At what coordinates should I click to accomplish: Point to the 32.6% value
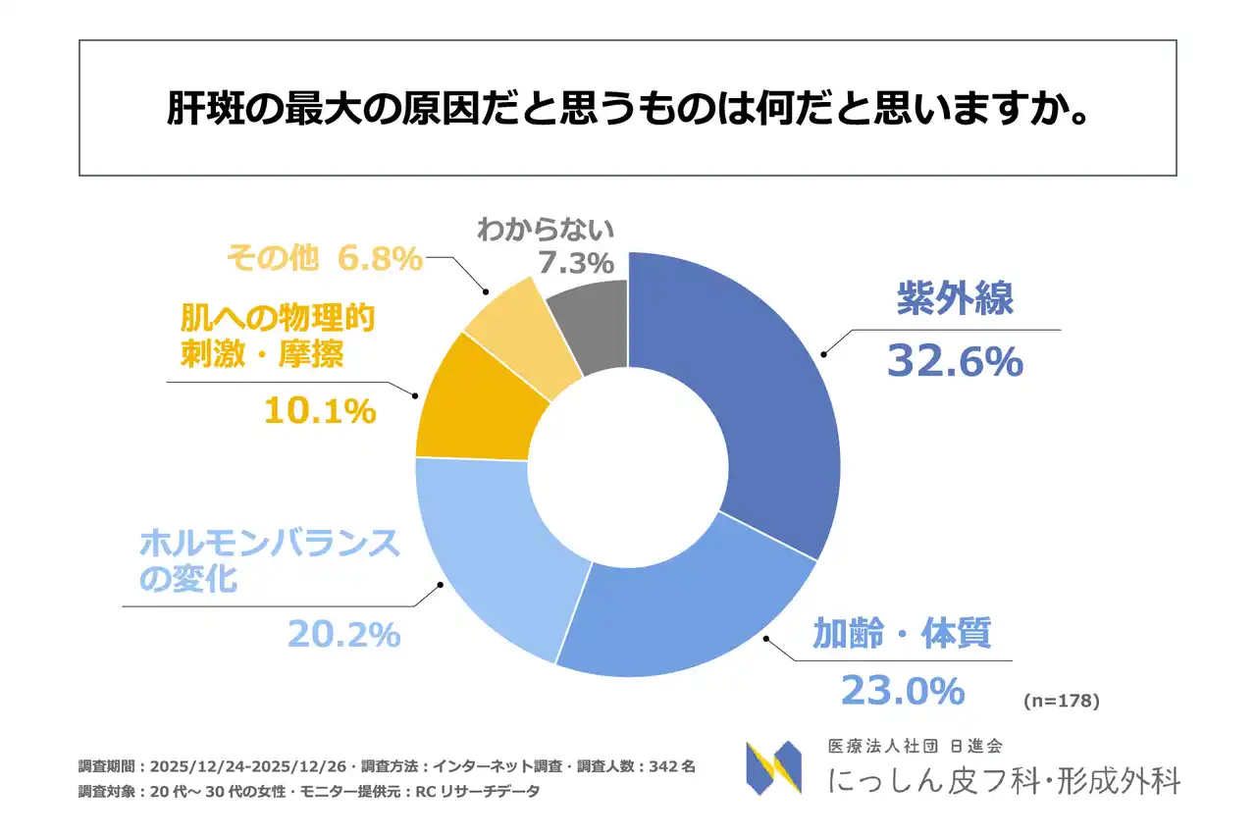(955, 362)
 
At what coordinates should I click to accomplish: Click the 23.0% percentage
(903, 691)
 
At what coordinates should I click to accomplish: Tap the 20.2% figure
(343, 634)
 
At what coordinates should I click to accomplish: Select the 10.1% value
(319, 411)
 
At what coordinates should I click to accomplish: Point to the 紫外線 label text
(955, 300)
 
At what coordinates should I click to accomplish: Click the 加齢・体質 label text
(902, 634)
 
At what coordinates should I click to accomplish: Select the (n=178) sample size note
(1061, 701)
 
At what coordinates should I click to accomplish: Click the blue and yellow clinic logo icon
(773, 767)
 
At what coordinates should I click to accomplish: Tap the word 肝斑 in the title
(195, 109)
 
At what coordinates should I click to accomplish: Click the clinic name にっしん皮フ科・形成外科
(1004, 780)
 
